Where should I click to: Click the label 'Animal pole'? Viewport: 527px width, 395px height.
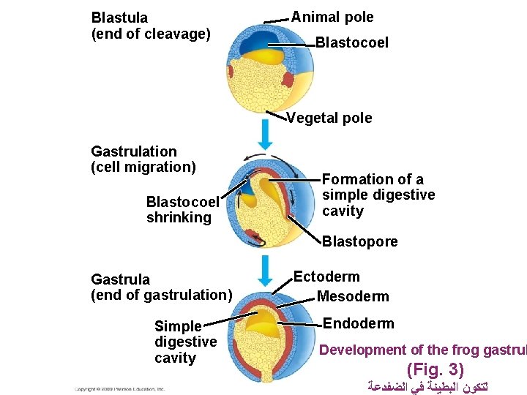tap(332, 18)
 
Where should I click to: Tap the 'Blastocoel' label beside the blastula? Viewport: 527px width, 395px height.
tap(351, 43)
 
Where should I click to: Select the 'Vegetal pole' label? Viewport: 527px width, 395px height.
tap(329, 118)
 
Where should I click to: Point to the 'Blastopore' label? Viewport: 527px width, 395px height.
tap(359, 242)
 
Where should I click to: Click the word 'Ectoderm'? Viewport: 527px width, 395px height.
tap(326, 276)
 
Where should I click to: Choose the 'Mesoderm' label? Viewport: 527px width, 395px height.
tap(353, 296)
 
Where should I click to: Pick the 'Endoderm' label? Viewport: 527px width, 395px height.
tap(358, 323)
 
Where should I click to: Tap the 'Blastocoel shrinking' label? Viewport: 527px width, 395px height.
tap(182, 209)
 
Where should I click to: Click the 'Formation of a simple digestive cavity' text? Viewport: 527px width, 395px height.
tap(378, 195)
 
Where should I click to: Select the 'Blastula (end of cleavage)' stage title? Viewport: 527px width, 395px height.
tap(150, 26)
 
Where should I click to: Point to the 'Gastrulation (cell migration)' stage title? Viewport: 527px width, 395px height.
tap(143, 159)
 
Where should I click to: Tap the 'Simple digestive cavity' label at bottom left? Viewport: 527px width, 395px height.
tap(185, 342)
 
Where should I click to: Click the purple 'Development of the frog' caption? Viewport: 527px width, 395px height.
tap(422, 350)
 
